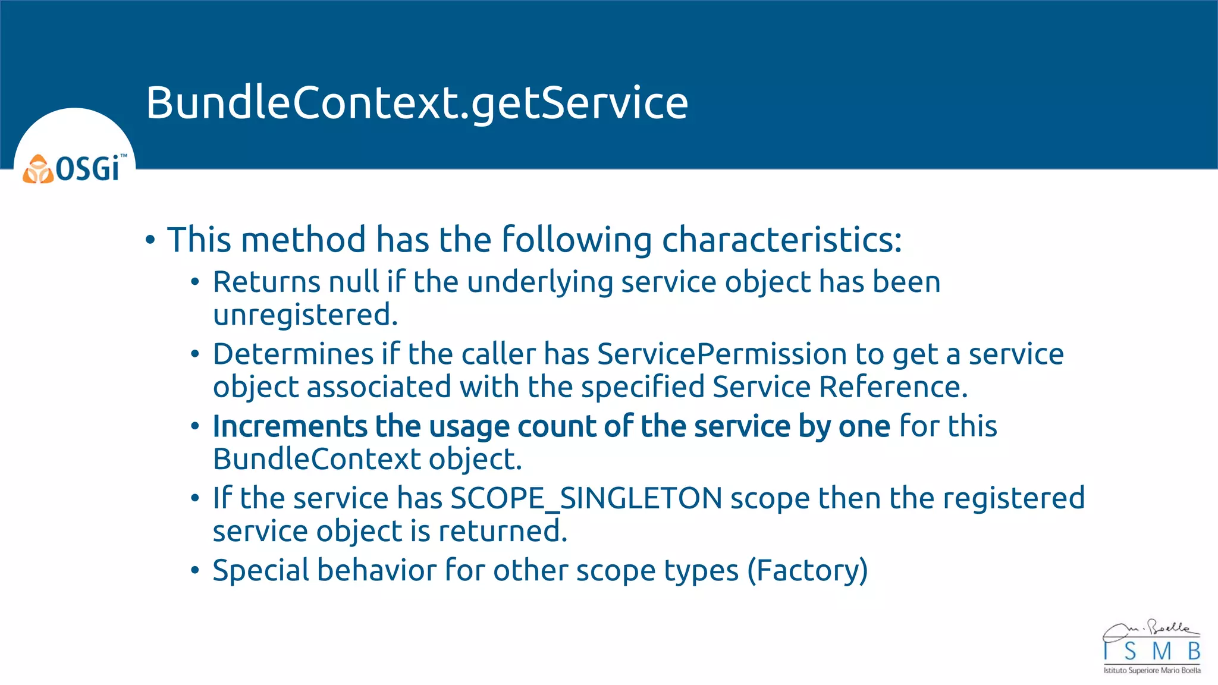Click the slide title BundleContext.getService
pos(417,103)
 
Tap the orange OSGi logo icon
pos(37,169)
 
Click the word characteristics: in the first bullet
pos(781,240)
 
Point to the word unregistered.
pos(305,315)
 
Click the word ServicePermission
pos(722,354)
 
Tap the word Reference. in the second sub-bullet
pos(893,387)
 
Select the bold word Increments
pos(290,426)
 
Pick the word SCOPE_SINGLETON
pos(586,498)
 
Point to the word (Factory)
pos(807,570)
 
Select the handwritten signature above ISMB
pos(1150,630)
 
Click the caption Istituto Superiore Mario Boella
pos(1151,671)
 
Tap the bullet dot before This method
pos(150,240)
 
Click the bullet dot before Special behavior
pos(195,570)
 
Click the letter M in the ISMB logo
pos(1161,652)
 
